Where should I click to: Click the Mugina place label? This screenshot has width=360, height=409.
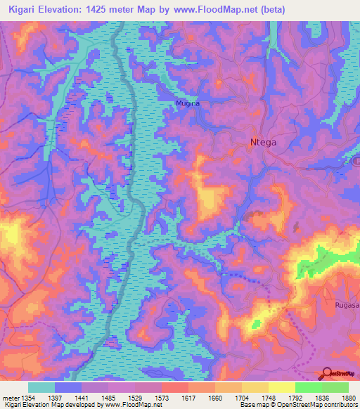[x=188, y=103]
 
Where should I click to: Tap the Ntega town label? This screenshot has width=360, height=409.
[x=264, y=142]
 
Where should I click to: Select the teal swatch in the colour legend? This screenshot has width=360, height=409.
[x=41, y=387]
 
